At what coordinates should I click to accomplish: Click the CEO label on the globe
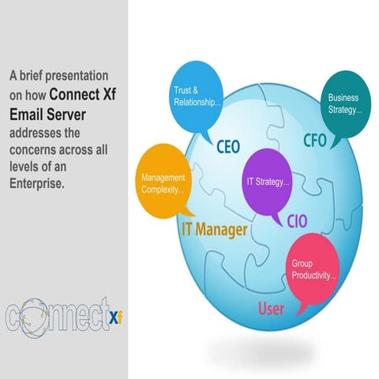coord(228,147)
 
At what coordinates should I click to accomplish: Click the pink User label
coord(272,307)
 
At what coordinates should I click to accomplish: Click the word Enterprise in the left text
coord(38,183)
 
